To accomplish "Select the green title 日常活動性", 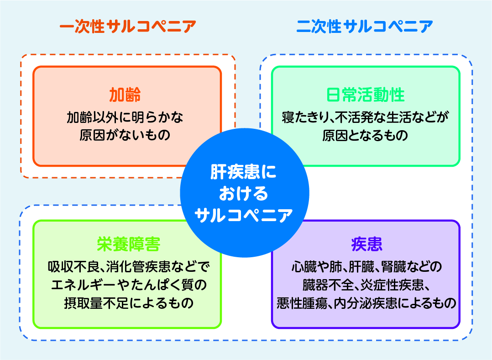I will [x=366, y=95].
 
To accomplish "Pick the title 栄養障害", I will [x=128, y=244].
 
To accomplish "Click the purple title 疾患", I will [x=366, y=244].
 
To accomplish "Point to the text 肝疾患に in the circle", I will [x=243, y=173].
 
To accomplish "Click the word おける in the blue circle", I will [x=243, y=193].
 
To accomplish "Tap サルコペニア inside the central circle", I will [x=243, y=214].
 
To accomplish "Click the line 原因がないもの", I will [x=125, y=136].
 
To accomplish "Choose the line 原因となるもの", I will [x=366, y=136].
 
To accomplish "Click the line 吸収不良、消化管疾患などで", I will [x=128, y=267].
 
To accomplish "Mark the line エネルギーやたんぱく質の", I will [x=128, y=285].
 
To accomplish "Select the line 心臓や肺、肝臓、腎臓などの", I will [x=366, y=267].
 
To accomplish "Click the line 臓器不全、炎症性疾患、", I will [x=366, y=285].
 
